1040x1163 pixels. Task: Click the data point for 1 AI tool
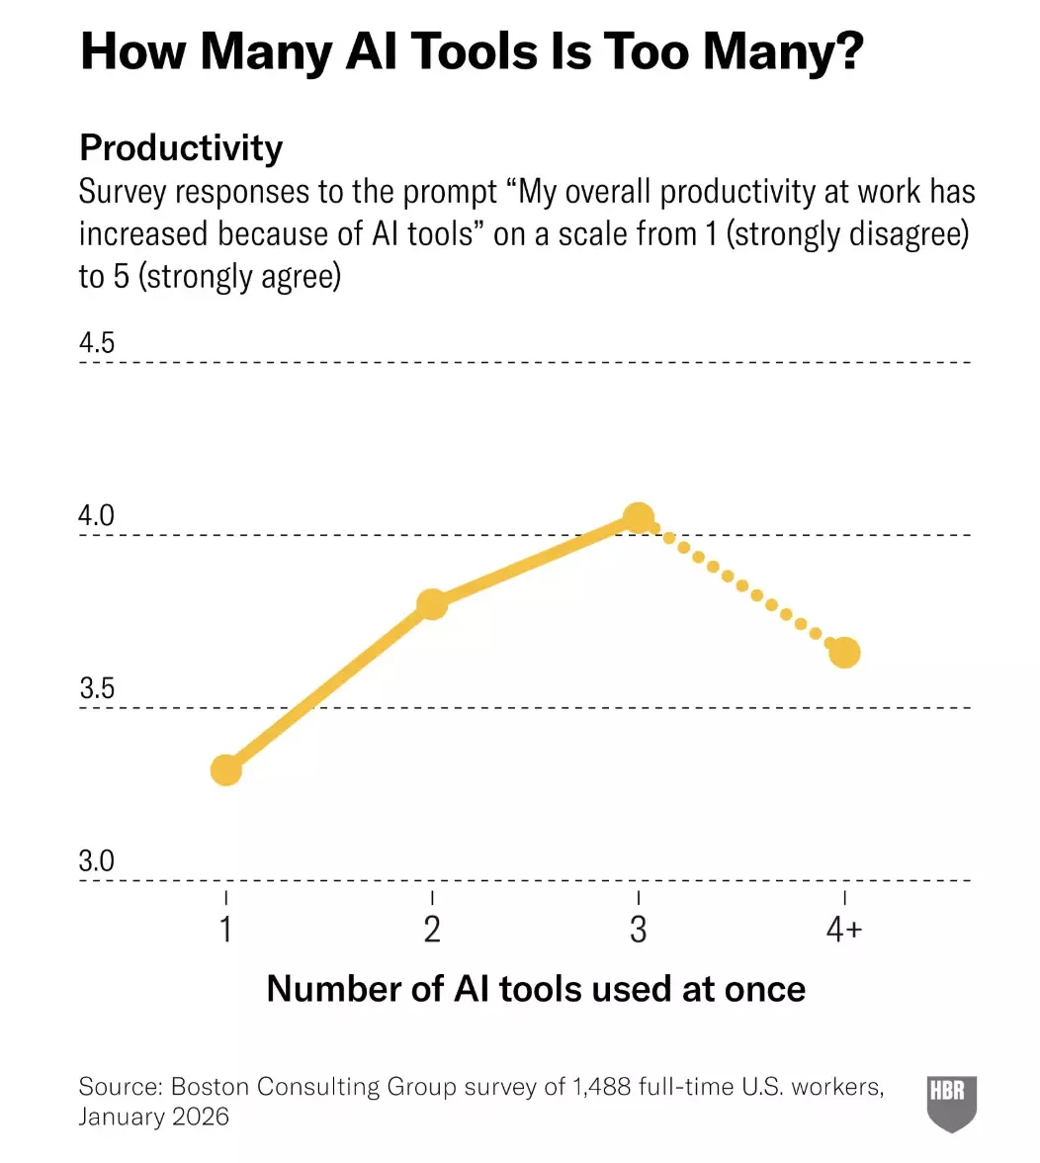pyautogui.click(x=226, y=769)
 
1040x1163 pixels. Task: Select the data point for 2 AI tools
pyautogui.click(x=432, y=604)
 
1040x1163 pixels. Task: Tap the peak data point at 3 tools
pyautogui.click(x=639, y=517)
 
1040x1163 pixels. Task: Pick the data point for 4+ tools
pyautogui.click(x=844, y=653)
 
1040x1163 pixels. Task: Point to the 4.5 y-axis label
pyautogui.click(x=97, y=343)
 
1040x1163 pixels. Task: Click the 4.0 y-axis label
pyautogui.click(x=97, y=515)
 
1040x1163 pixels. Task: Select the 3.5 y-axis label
pyautogui.click(x=97, y=688)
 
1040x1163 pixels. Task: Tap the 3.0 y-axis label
pyautogui.click(x=97, y=861)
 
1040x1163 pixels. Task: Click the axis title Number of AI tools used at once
pyautogui.click(x=536, y=989)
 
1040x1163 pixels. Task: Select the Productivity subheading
pyautogui.click(x=181, y=148)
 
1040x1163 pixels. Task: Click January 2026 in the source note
pyautogui.click(x=153, y=1118)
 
